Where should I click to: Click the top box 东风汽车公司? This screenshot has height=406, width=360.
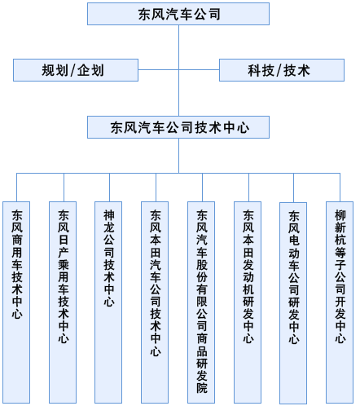178,14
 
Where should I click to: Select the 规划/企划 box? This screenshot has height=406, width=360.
76,70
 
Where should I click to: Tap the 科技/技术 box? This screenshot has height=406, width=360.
282,70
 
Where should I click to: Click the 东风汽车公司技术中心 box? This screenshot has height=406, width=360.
178,127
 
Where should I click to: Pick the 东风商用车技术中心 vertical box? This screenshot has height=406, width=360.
16,302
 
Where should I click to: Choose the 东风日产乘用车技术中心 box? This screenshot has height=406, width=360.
63,302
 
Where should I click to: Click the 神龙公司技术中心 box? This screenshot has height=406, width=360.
108,302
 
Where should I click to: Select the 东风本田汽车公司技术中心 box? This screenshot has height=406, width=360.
155,302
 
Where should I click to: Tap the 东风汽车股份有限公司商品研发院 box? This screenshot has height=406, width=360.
201,302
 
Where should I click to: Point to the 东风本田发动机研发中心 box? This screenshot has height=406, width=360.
248,302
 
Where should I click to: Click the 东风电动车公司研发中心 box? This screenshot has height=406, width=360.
293,303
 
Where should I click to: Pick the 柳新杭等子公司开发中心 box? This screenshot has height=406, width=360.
340,302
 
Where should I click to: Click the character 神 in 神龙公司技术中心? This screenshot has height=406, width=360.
109,215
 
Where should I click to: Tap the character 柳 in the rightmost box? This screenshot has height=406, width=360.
340,215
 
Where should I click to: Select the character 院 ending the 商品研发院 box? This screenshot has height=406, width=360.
202,388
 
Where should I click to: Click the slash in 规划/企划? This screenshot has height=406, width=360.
72,70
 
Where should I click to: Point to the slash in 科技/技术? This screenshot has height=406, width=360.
279,70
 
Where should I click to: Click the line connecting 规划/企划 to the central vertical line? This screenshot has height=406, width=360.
158,70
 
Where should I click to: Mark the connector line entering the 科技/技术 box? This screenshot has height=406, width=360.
199,70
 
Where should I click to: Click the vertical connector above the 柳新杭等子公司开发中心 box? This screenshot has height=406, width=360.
340,188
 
